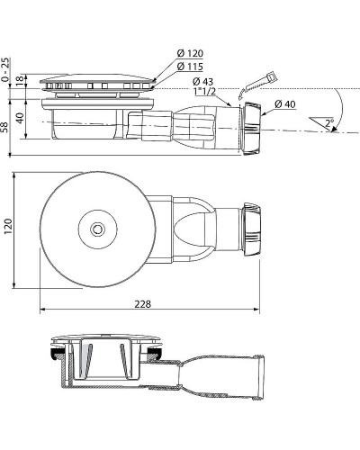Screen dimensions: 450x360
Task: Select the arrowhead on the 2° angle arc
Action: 334,130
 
